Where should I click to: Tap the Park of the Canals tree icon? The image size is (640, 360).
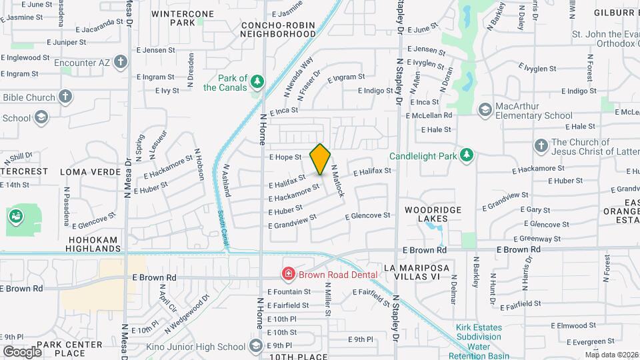coord(257,82)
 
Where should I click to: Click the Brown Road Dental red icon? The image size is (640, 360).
coord(288,273)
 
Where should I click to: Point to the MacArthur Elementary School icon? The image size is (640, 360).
coord(485,109)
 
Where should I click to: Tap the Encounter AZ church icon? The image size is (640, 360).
coord(120,63)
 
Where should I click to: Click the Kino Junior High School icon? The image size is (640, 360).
coord(255,346)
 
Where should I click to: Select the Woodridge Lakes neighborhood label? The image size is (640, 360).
coord(433,214)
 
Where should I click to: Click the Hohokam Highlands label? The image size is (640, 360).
coord(94,244)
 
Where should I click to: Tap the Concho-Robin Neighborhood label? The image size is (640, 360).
coord(278,29)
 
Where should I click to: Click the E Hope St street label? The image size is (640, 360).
coord(285,157)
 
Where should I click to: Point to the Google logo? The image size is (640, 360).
coord(22,351)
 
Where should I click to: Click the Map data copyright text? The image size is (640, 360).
coord(611,355)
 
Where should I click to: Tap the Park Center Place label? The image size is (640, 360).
coord(69,349)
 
